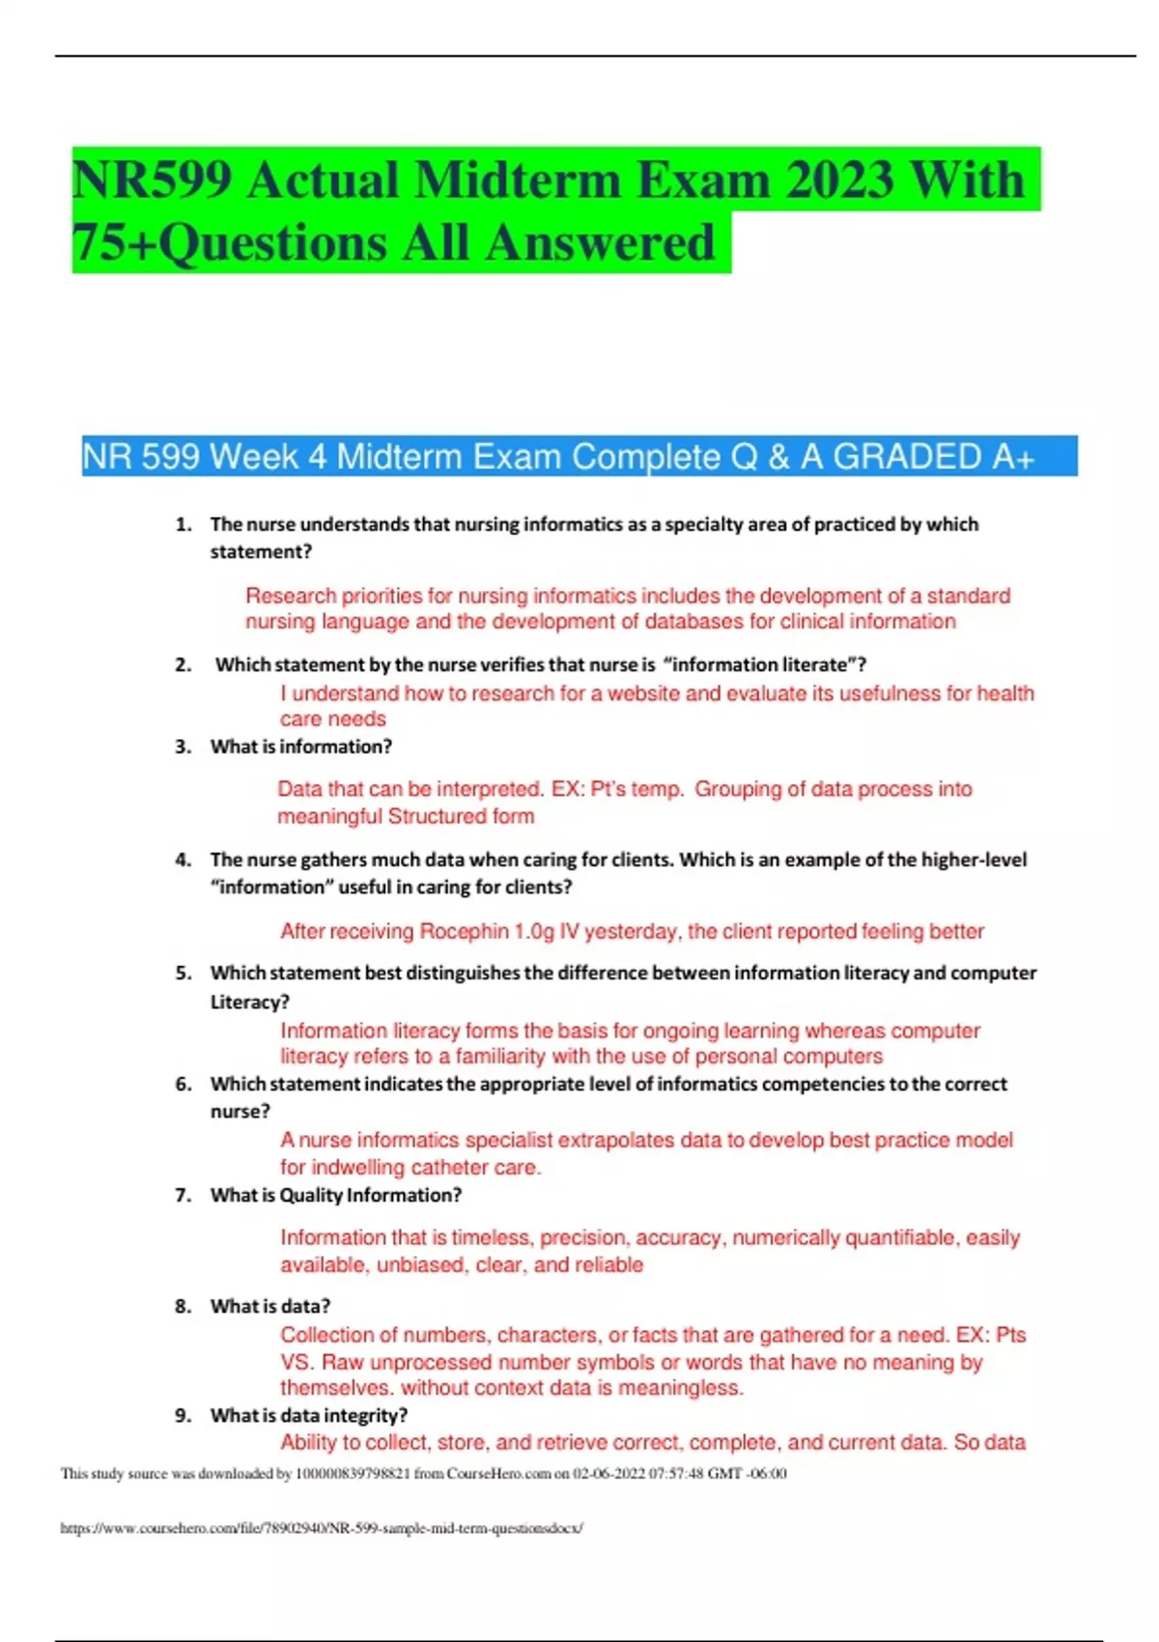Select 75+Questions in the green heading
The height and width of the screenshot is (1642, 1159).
[x=229, y=242]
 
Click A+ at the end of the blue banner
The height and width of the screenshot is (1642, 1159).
[x=1012, y=457]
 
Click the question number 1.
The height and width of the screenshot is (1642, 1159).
[x=183, y=524]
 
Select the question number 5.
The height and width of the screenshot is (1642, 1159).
[x=183, y=973]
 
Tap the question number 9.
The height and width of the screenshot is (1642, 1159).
[x=183, y=1415]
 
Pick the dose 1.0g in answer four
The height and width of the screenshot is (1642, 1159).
[x=534, y=931]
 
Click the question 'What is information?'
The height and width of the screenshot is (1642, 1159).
[x=300, y=747]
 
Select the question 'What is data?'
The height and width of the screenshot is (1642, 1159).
[x=269, y=1306]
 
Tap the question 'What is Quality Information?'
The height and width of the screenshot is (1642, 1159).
[x=335, y=1195]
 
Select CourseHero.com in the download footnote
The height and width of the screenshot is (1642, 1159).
[x=498, y=1474]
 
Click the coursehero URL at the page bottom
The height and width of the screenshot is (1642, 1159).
[x=322, y=1528]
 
